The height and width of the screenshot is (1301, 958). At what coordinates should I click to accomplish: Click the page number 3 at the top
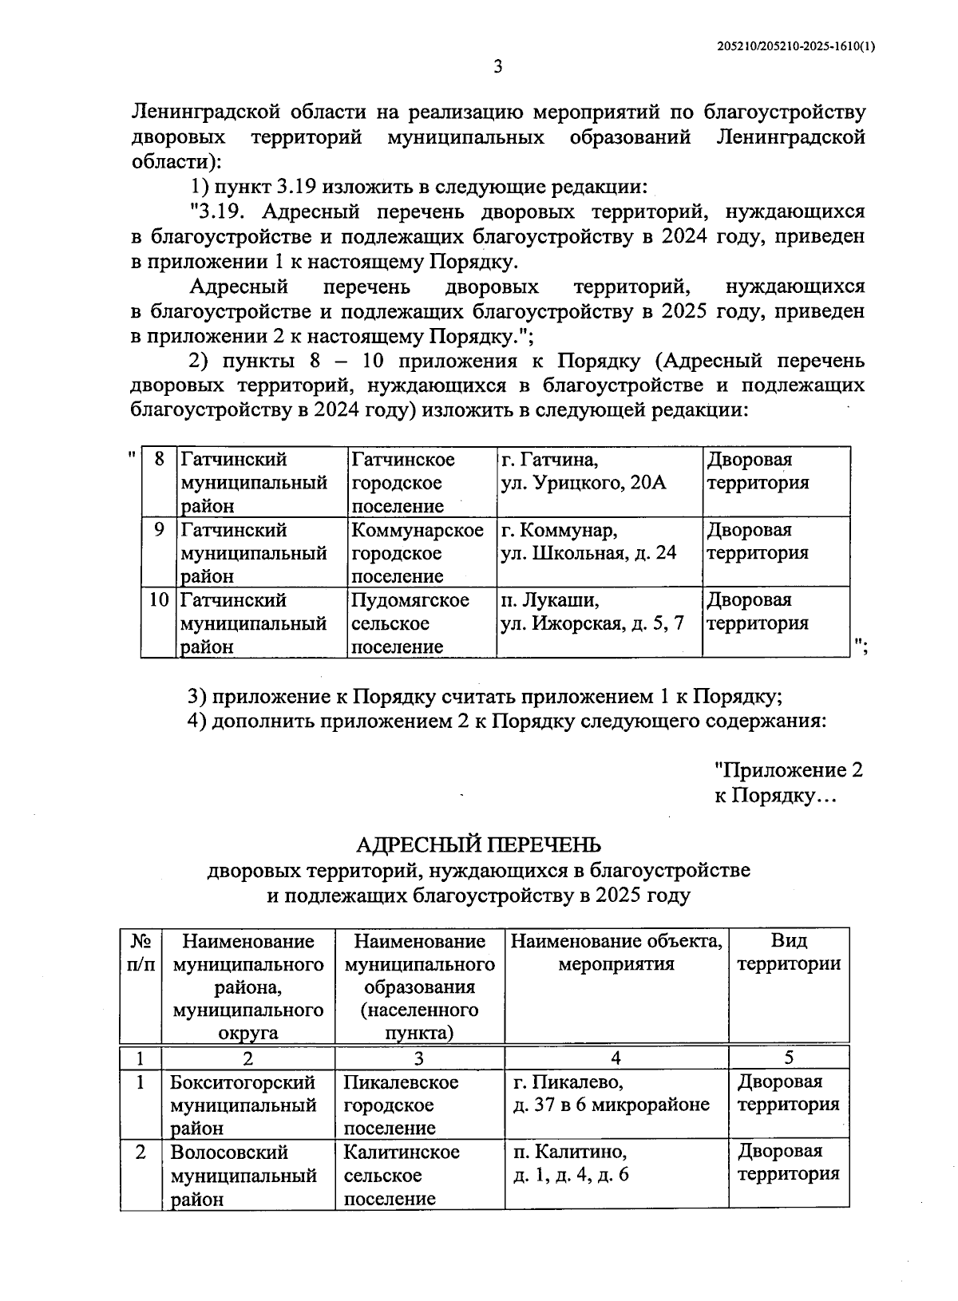coord(497,67)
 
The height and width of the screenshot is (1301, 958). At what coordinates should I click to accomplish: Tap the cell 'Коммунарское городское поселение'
coord(418,553)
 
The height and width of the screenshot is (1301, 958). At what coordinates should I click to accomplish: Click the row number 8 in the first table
coord(160,460)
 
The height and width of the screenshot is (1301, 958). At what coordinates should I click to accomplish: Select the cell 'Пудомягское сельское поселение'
coord(410,623)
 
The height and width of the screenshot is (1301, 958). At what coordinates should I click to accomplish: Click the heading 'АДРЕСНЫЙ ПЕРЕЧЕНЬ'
coord(478,844)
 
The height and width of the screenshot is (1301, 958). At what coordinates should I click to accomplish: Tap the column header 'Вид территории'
coord(788,952)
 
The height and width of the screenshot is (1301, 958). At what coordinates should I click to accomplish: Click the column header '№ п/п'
coord(141,952)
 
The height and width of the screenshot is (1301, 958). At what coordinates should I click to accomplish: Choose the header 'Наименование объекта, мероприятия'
coord(616,952)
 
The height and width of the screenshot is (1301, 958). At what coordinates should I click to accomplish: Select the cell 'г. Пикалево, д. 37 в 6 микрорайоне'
coord(611,1093)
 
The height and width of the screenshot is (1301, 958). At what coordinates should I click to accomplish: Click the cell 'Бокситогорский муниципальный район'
coord(243,1105)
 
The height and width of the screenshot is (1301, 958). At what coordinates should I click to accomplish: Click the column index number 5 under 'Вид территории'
coord(789,1058)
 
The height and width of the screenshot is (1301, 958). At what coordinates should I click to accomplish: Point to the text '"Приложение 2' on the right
coord(788,770)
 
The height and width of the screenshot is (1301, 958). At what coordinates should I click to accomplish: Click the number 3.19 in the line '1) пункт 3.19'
coord(296,188)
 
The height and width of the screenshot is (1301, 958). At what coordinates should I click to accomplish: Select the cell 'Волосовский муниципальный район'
coord(243,1175)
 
